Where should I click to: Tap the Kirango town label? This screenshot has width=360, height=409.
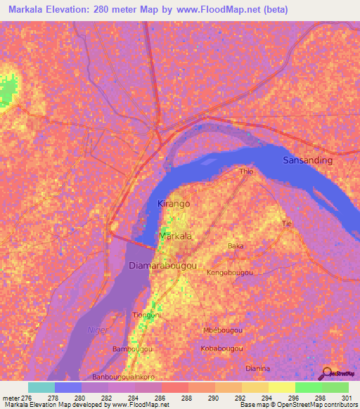click(174, 203)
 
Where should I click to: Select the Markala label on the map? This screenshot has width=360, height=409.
click(175, 237)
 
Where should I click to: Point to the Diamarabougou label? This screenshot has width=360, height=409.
click(162, 266)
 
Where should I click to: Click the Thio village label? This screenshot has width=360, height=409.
click(246, 171)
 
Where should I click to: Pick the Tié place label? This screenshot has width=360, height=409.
click(286, 223)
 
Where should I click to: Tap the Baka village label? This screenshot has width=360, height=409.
click(236, 246)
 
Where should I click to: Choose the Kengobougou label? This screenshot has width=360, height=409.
click(230, 272)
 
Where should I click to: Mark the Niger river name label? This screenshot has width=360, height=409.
click(96, 330)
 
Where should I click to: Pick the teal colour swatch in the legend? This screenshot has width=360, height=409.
click(41, 387)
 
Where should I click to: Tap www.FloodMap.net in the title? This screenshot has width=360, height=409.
click(223, 11)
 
